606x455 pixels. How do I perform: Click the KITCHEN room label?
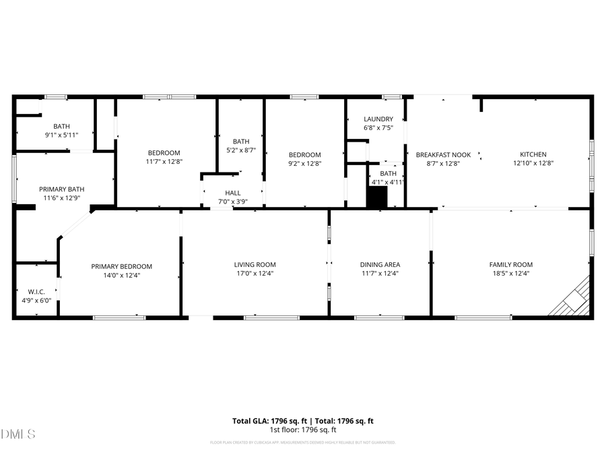coord(533,154)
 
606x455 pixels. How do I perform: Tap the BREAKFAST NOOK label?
coord(443,154)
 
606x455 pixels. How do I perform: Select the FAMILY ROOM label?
coord(510,265)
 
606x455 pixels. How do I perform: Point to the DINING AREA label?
coord(380,265)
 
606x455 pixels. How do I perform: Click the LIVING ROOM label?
coord(255,265)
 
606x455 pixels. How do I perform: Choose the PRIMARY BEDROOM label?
coord(121,266)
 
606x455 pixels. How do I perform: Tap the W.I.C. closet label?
coord(27,292)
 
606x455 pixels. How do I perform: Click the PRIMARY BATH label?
coord(61,189)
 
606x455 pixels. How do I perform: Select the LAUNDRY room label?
coord(378,119)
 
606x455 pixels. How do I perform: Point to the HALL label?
coord(233,193)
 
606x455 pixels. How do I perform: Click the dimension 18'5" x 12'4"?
coord(510,274)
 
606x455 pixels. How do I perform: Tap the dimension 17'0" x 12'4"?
coord(255,274)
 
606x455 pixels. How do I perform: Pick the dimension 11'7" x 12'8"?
coord(164,162)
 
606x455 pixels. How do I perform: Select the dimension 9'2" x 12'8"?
coord(304,163)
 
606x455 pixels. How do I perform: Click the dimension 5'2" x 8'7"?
coord(240,150)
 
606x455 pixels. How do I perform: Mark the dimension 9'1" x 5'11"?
coord(61,135)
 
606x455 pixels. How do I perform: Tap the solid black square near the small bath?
coord(377,198)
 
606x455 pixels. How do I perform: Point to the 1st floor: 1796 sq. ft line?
coord(303,430)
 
